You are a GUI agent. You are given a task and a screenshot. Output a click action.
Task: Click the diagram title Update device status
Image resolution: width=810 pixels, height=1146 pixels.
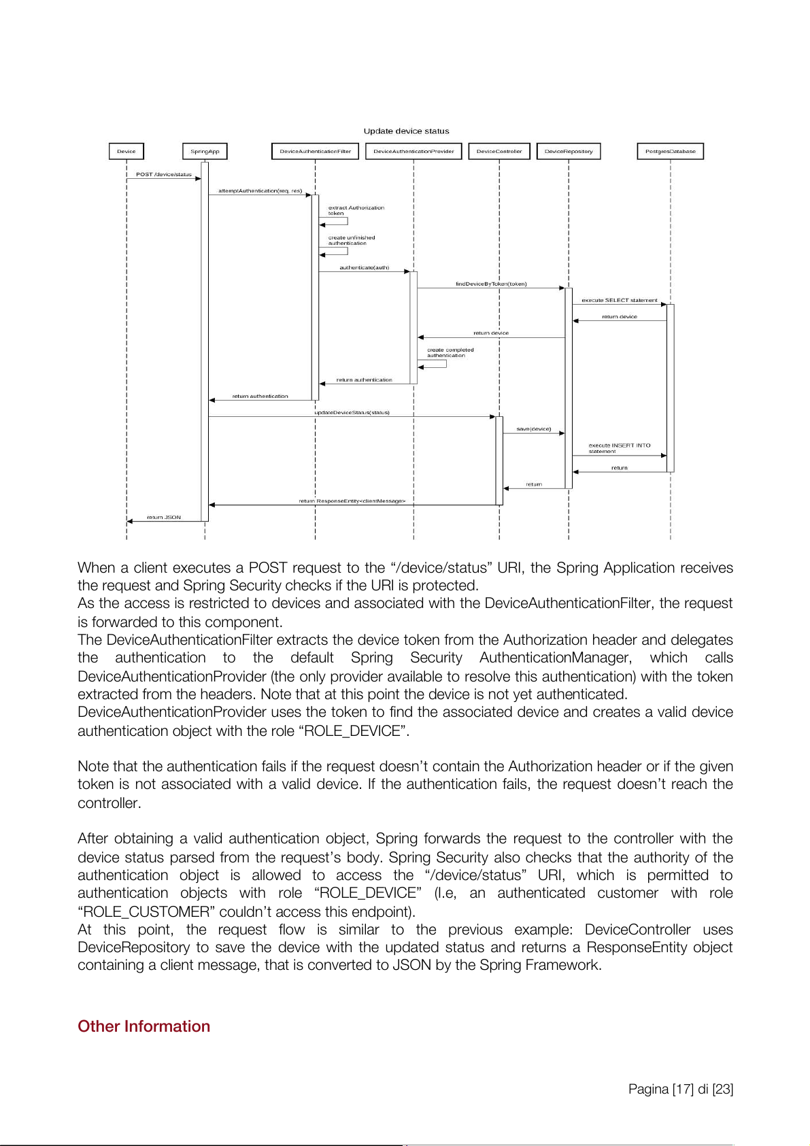pyautogui.click(x=406, y=131)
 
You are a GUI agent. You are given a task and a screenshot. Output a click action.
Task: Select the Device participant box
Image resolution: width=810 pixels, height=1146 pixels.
pyautogui.click(x=126, y=151)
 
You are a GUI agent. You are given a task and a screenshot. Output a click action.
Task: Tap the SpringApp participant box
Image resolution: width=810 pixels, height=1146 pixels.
pyautogui.click(x=205, y=151)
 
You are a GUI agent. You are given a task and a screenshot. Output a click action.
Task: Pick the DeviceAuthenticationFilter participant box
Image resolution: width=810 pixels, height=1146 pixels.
pyautogui.click(x=315, y=151)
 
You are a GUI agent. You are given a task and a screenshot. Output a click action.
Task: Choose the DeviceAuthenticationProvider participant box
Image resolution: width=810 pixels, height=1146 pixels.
pyautogui.click(x=414, y=151)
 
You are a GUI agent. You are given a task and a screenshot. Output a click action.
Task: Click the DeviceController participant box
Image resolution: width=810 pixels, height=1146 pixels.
pyautogui.click(x=499, y=151)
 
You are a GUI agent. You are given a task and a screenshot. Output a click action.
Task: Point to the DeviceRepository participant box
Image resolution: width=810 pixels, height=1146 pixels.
pyautogui.click(x=569, y=151)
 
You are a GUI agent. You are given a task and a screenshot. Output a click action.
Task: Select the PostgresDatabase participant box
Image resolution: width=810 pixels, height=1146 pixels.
pyautogui.click(x=670, y=151)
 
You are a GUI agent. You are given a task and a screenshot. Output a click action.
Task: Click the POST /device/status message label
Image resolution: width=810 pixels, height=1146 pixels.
pyautogui.click(x=164, y=175)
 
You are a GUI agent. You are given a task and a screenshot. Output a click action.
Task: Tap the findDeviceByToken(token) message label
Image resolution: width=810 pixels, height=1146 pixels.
pyautogui.click(x=491, y=284)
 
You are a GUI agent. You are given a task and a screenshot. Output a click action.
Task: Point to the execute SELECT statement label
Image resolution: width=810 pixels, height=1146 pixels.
pyautogui.click(x=619, y=300)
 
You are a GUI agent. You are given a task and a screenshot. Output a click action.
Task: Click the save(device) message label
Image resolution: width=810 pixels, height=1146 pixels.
pyautogui.click(x=534, y=429)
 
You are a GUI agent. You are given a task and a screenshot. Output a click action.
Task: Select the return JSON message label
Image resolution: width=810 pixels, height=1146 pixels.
pyautogui.click(x=164, y=518)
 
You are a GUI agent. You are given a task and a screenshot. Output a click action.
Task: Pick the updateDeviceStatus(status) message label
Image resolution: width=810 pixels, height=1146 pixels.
pyautogui.click(x=352, y=412)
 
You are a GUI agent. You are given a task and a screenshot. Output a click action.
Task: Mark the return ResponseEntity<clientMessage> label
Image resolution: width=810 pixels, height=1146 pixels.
pyautogui.click(x=352, y=501)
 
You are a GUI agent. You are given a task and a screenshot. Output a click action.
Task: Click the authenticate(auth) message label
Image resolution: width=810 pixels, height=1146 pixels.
pyautogui.click(x=364, y=267)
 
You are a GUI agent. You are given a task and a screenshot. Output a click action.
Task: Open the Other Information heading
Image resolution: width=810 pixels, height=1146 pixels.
pyautogui.click(x=144, y=1026)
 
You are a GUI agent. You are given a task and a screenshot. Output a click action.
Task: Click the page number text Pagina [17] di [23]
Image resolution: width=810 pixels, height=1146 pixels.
pyautogui.click(x=680, y=1089)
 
